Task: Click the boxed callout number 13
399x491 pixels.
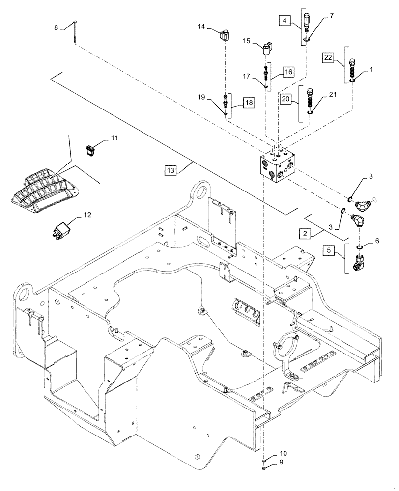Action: tap(170, 170)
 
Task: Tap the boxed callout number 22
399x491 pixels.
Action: tap(328, 58)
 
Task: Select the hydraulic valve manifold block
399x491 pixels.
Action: tap(276, 167)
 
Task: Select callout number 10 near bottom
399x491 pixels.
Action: tap(284, 453)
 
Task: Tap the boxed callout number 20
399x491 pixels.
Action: tap(285, 99)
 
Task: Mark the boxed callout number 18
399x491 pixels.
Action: tap(249, 103)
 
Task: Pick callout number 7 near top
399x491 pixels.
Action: tap(332, 16)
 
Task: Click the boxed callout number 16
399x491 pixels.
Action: tap(288, 72)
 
